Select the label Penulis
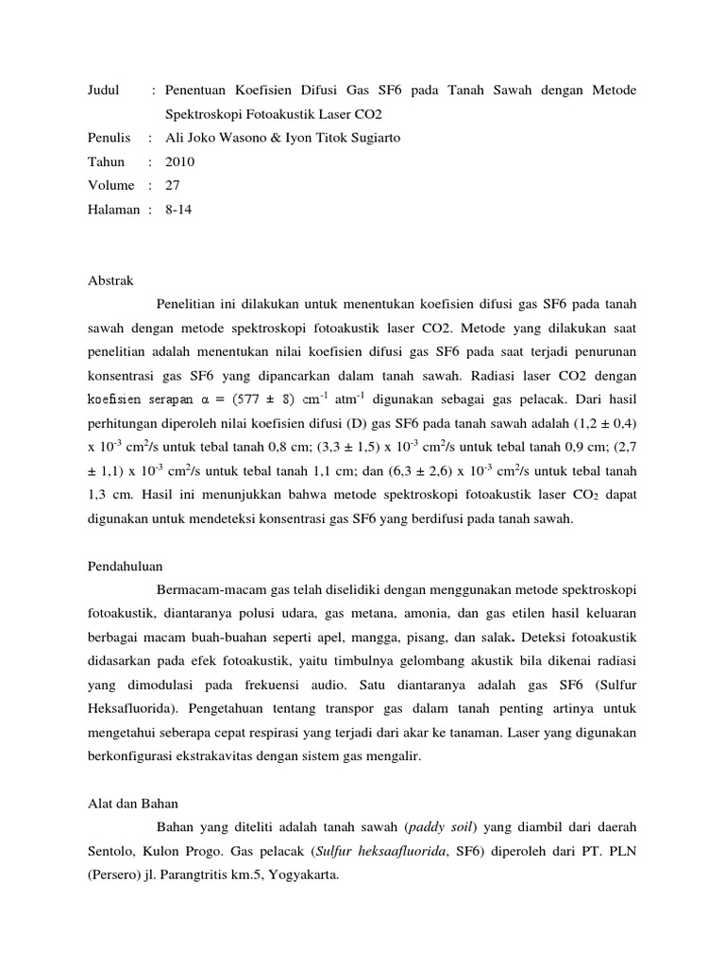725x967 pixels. point(109,138)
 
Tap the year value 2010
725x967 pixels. point(179,161)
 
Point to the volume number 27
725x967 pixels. point(173,185)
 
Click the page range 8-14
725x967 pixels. point(178,209)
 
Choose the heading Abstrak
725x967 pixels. point(110,280)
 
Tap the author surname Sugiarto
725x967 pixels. point(375,138)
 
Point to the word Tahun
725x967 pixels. point(106,161)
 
